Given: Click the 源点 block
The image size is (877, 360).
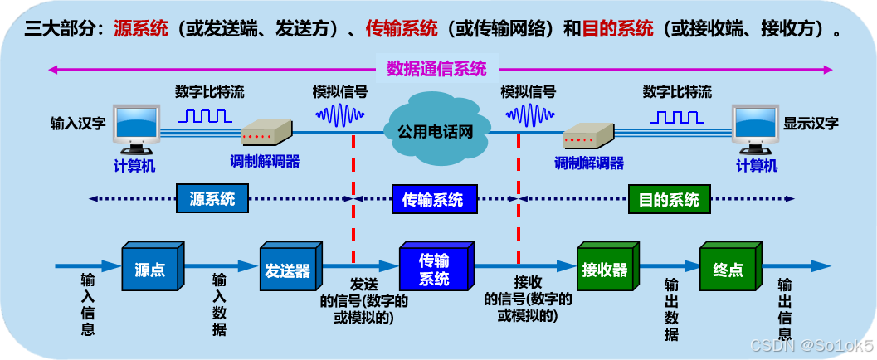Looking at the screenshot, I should [150, 270].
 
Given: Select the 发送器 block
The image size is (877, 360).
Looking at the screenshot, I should [288, 270].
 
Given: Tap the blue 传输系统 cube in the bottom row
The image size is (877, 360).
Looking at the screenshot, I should [434, 270].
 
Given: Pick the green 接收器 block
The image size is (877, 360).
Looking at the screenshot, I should [604, 270].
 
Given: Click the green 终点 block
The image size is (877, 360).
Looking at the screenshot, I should [728, 270].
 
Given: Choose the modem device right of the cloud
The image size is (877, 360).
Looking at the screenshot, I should [587, 134].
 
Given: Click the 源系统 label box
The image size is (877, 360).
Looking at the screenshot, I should [212, 199].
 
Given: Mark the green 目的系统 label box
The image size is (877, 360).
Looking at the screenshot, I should [669, 199].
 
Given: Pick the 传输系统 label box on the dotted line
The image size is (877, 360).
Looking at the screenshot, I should [432, 199].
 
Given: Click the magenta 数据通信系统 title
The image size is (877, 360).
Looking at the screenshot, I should [436, 70].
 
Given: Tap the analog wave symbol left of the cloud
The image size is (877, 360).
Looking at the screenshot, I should [339, 116].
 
